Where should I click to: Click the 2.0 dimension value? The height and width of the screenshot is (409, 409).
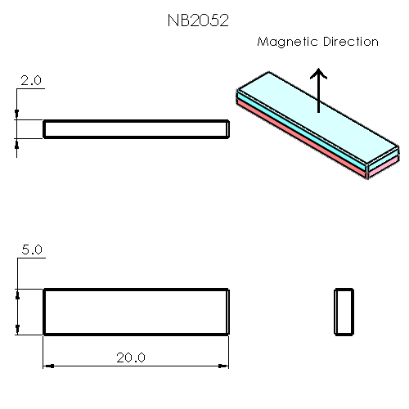pos(31,81)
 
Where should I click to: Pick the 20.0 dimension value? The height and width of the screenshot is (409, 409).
pos(131,357)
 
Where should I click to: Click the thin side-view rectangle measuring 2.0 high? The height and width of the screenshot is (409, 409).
pos(136,128)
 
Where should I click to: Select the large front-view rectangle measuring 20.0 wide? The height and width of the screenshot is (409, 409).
pos(136,312)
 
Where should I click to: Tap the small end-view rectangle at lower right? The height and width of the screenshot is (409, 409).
pos(344,312)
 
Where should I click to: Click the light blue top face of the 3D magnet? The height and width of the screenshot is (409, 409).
pos(311,119)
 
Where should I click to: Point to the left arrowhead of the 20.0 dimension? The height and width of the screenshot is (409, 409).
pos(47,366)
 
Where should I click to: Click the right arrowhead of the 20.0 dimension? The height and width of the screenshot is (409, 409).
pos(224,366)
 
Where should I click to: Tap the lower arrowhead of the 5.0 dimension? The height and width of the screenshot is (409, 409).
pos(18,329)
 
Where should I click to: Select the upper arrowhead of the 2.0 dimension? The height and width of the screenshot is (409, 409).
pos(18,115)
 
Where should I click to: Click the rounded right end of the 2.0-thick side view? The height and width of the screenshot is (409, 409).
pos(228,128)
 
